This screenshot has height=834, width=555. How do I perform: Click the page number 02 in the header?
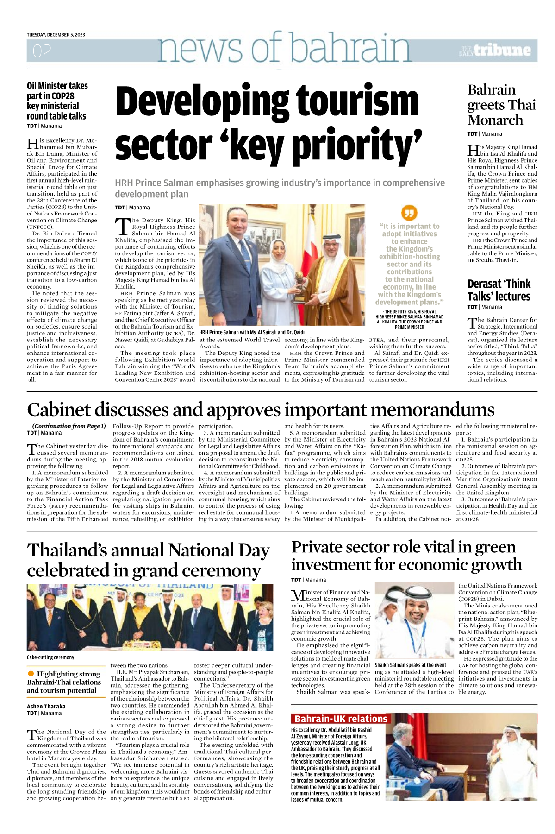coord(42,51)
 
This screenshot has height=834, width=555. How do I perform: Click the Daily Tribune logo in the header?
coord(495,50)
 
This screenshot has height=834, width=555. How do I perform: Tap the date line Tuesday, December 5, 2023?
coord(56,35)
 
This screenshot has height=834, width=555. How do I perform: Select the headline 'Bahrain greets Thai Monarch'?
coord(501,105)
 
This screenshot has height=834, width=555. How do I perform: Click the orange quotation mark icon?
coord(409,213)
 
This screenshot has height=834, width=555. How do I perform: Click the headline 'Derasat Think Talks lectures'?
coord(499,290)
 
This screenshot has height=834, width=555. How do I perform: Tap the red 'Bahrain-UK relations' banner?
coord(341,719)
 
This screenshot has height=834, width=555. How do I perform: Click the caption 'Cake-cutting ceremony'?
coord(50,657)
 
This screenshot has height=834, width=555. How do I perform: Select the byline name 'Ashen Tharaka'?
coord(46,706)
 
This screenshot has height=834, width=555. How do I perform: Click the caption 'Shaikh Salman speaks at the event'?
coord(410,665)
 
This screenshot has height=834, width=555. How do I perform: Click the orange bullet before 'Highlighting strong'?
coord(31,674)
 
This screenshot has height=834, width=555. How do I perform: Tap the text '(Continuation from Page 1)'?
coord(69,426)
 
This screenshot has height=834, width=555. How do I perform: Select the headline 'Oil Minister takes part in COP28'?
coord(57,101)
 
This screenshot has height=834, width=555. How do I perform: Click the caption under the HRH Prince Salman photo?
coord(252,332)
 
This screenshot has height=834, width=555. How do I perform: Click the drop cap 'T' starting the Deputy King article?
coord(123,226)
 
